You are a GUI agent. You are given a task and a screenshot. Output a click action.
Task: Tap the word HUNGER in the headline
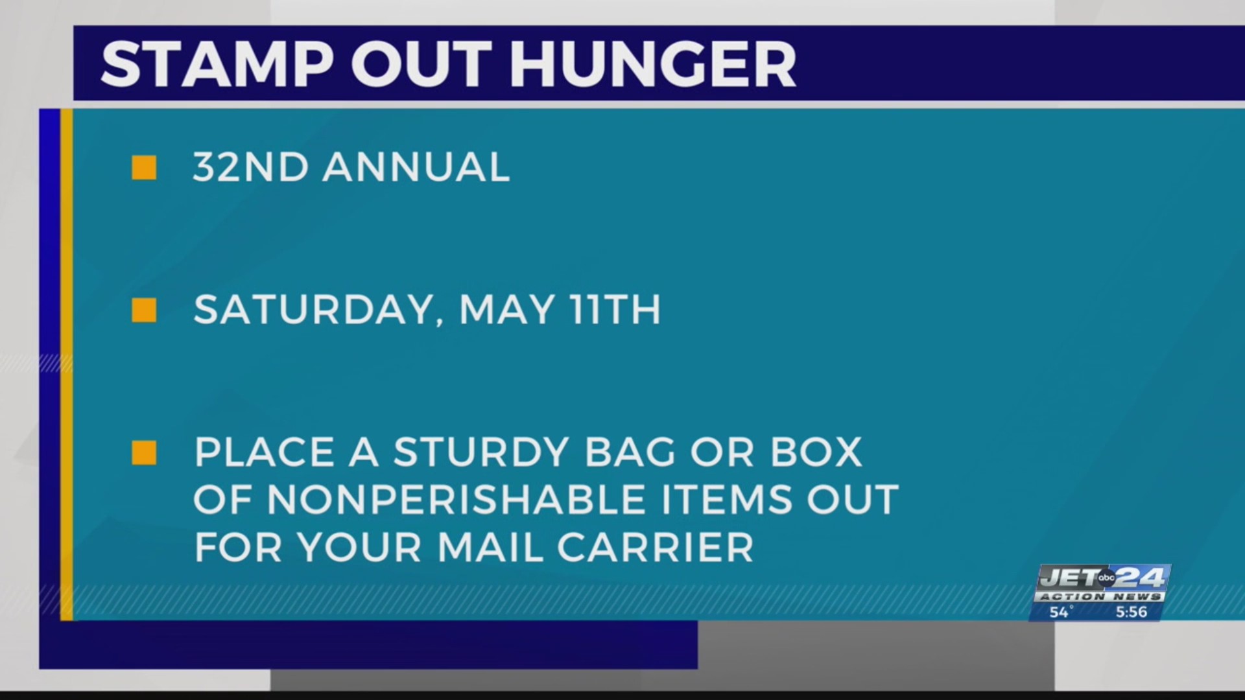[x=652, y=64]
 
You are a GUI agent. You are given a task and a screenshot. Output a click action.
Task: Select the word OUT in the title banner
[x=421, y=64]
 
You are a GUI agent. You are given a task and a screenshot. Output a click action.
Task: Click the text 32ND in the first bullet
[x=250, y=167]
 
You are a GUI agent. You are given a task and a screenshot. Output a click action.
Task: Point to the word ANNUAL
[x=416, y=167]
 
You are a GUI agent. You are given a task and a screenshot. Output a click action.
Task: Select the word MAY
[x=506, y=310]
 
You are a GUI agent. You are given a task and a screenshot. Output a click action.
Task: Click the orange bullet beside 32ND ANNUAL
[x=144, y=168]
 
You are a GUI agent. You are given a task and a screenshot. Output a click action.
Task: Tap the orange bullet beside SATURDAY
[x=144, y=310]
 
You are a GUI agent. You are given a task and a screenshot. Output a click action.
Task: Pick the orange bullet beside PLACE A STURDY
[x=144, y=453]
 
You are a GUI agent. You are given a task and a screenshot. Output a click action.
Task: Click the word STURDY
[x=480, y=452]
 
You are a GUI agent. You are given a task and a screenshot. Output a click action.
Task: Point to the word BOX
[x=816, y=452]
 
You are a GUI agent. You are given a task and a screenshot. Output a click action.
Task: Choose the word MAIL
[x=490, y=548]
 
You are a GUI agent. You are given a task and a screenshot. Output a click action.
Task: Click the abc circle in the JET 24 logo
[x=1106, y=577]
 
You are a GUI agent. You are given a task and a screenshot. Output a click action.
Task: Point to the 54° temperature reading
[x=1061, y=612]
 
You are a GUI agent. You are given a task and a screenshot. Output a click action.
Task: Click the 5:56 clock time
[x=1131, y=612]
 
